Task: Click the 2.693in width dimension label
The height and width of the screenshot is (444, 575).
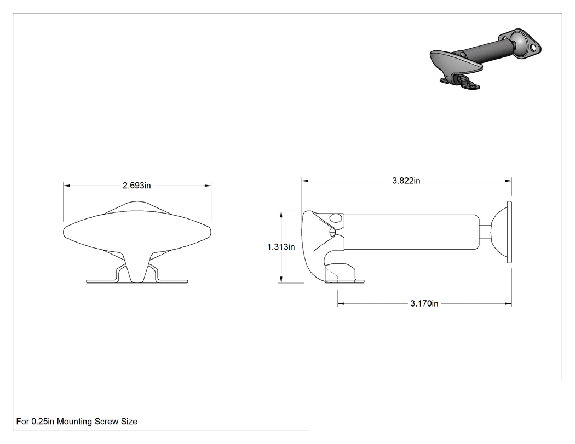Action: coord(137,186)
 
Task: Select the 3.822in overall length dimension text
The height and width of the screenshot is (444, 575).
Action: coord(406,181)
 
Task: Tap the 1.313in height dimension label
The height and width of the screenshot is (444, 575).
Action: coord(281,247)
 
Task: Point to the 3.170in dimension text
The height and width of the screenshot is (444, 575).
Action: coord(424,304)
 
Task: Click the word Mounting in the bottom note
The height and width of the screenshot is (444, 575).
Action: coord(74,422)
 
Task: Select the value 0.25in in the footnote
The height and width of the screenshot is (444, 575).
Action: coord(43,422)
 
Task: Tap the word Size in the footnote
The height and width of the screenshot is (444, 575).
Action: coord(129,422)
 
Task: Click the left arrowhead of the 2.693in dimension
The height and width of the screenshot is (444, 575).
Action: coord(66,186)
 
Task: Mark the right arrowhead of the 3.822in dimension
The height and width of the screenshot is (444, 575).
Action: coord(509,181)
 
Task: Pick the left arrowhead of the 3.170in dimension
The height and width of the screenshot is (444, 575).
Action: coord(341,304)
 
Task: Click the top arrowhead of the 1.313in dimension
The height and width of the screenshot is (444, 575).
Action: coord(281,214)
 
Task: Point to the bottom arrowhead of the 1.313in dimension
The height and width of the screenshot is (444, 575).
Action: coord(281,280)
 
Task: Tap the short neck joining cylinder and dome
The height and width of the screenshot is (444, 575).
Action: coord(485,232)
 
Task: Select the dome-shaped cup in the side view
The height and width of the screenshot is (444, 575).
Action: coord(499,232)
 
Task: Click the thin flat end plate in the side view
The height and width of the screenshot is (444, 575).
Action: coord(509,232)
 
